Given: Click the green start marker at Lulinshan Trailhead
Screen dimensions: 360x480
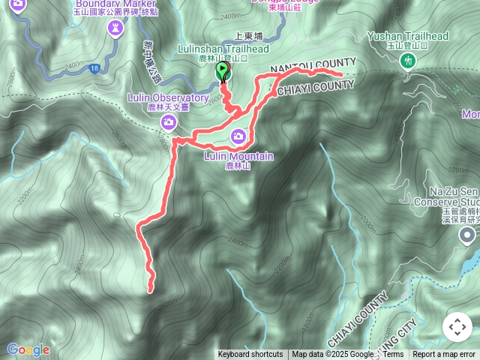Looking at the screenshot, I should click(223, 71).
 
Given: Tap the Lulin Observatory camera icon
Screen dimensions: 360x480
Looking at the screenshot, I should click(169, 121).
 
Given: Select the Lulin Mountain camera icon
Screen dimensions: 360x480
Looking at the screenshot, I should click(238, 136).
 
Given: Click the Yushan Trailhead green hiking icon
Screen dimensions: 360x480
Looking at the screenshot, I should click(408, 60).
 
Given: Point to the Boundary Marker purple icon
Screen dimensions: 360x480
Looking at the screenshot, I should click(115, 28).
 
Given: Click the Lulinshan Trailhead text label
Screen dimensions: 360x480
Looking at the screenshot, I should click(223, 49).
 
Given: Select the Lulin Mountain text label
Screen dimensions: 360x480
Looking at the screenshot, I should click(238, 156).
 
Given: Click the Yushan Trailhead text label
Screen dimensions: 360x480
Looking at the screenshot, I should click(408, 35).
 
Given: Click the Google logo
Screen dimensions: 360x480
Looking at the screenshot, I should click(28, 349).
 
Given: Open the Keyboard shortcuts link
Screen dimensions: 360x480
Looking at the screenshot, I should click(250, 355).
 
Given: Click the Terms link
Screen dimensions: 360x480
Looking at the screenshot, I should click(393, 355).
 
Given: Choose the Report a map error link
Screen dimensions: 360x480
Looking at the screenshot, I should click(444, 355).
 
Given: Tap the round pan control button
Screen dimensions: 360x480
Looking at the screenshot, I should click(457, 327).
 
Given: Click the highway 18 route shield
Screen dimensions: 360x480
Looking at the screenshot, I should click(94, 68).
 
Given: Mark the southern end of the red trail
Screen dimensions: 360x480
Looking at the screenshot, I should click(151, 289).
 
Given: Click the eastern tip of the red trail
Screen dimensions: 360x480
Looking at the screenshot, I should click(341, 75).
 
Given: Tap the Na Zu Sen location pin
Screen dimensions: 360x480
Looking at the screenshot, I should click(468, 236).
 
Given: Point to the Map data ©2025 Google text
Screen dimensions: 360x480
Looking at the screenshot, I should click(333, 355).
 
